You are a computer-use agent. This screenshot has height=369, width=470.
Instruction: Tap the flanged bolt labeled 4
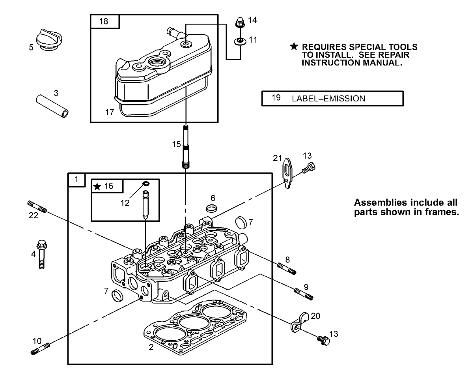pos(41,254)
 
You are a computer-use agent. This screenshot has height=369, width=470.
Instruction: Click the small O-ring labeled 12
pos(146,184)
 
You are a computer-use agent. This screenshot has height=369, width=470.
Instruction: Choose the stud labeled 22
pos(37,207)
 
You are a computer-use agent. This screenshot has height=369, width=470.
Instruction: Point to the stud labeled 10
pos(40,349)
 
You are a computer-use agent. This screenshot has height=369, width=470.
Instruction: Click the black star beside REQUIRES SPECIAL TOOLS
pos(294,47)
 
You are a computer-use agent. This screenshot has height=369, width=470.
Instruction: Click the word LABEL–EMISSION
pos(328,99)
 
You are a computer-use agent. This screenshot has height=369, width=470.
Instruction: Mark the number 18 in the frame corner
pos(104,21)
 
